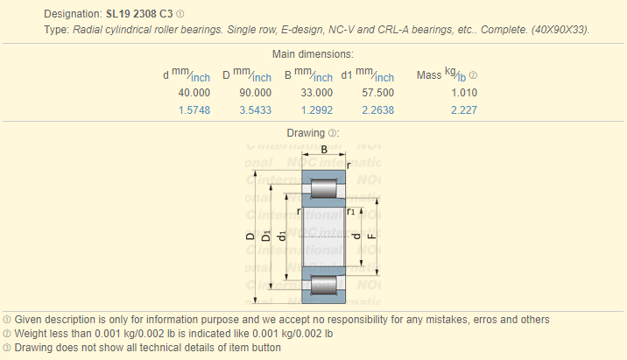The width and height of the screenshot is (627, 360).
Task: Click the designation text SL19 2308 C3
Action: (x=139, y=14)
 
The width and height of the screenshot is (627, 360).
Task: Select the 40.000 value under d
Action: (x=194, y=93)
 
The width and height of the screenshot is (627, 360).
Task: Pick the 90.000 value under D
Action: (x=255, y=93)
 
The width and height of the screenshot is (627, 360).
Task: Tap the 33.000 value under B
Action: (x=316, y=93)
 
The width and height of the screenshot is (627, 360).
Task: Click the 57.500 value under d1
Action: (x=378, y=93)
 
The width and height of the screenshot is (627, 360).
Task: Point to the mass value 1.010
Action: (x=464, y=93)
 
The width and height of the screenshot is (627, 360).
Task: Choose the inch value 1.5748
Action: (x=194, y=110)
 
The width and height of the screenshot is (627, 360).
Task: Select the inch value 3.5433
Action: (x=255, y=110)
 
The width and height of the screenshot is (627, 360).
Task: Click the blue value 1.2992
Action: (x=316, y=110)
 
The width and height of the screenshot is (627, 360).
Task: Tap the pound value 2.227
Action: (x=464, y=110)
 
